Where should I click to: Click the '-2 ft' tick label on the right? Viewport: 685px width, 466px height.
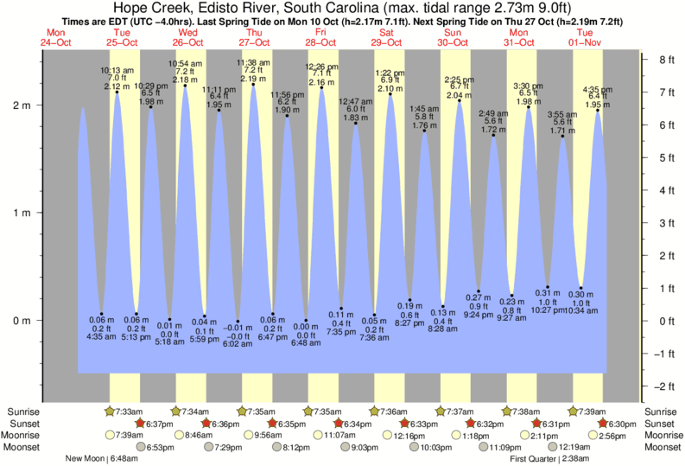(x=664, y=386)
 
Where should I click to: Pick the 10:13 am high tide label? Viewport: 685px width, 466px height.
(x=117, y=70)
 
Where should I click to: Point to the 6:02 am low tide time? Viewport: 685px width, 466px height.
(x=237, y=344)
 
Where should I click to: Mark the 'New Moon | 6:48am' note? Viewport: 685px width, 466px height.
(x=99, y=459)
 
